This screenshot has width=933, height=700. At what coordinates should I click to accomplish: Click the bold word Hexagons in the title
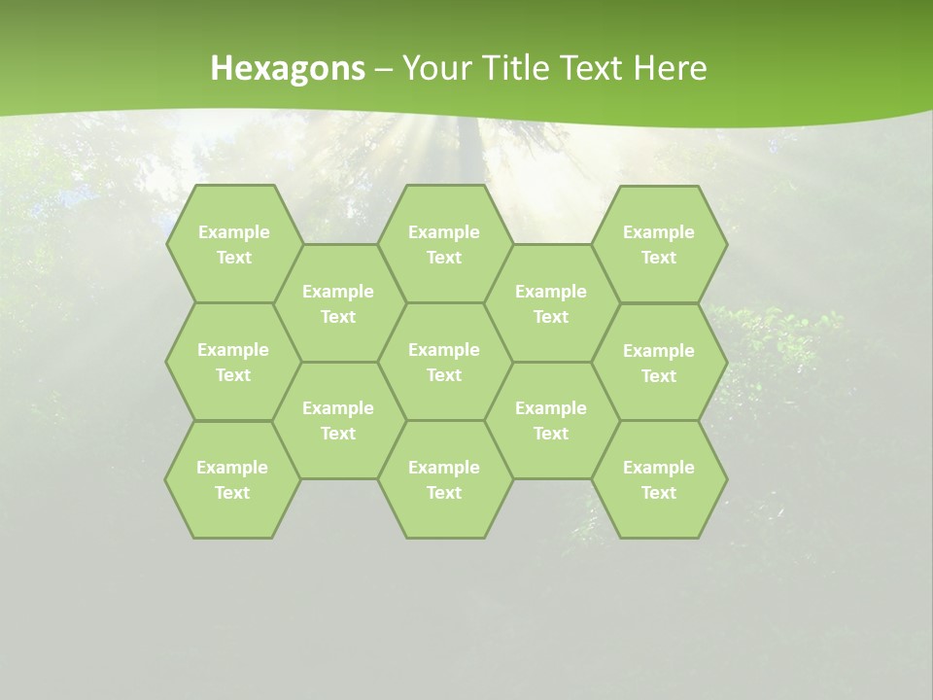point(288,68)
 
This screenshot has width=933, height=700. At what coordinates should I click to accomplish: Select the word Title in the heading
point(528,68)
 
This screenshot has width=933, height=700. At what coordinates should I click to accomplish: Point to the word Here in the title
point(670,68)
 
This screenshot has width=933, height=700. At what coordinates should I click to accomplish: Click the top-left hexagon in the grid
point(233,244)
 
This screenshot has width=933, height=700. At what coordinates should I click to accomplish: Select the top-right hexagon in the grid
point(659,244)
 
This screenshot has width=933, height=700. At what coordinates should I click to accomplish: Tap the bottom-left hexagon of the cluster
point(232,479)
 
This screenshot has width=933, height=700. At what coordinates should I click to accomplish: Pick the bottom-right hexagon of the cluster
point(659,479)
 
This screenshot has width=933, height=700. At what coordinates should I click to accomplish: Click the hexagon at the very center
point(444,362)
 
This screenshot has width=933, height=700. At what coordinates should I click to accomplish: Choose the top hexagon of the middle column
point(444,244)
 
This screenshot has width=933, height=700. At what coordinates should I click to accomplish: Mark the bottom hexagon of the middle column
point(444,479)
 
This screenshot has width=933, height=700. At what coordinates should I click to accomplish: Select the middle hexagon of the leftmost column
point(233,362)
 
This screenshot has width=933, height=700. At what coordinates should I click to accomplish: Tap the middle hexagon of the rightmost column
point(659,363)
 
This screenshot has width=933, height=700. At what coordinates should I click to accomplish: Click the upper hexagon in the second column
point(338,303)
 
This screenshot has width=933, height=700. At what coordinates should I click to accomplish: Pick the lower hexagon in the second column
point(338,420)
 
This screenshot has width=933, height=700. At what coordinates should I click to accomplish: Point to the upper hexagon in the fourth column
point(551,303)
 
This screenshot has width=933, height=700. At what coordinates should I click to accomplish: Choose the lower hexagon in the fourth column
point(551,420)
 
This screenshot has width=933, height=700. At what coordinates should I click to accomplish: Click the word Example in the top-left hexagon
point(234,232)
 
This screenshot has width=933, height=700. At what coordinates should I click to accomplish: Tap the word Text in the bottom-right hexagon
point(659,493)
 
